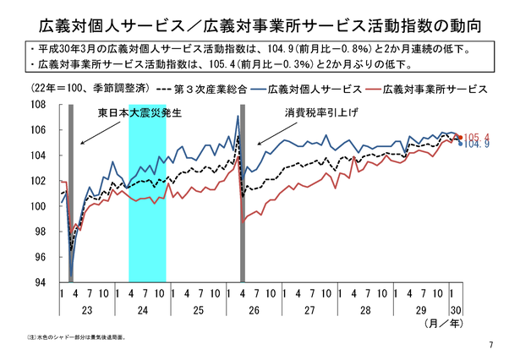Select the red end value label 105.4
pyautogui.click(x=478, y=136)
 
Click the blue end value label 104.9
pyautogui.click(x=478, y=145)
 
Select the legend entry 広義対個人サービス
pyautogui.click(x=314, y=88)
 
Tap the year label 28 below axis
pyautogui.click(x=365, y=310)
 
